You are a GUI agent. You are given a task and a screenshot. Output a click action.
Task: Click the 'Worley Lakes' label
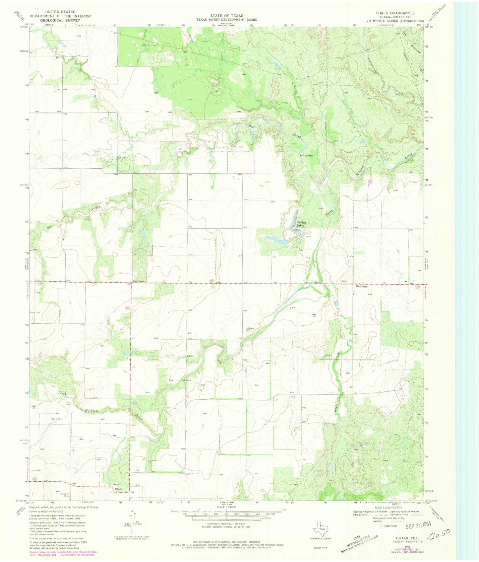pos(300,224)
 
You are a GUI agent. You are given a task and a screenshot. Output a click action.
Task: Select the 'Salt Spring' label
pos(306,155)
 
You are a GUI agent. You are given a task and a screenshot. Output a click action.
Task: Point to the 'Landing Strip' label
pos(65,495)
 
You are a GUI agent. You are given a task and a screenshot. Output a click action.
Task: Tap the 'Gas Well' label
pos(55,419)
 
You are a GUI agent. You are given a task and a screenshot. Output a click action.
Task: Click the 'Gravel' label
pos(251,329)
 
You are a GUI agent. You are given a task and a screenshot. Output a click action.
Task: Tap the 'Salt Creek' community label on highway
pos(139,281)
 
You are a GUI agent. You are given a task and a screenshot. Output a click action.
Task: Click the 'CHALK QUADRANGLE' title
pos(395,13)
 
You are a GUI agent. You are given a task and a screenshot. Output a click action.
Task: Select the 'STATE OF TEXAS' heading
pos(226,16)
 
